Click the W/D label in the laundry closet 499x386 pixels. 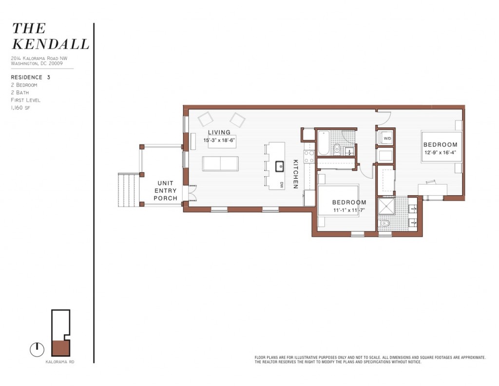[x=387, y=139]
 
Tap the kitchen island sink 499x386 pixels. [x=280, y=166]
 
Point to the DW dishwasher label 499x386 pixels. [x=282, y=184]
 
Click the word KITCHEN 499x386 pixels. [x=295, y=174]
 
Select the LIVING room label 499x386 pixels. [x=219, y=133]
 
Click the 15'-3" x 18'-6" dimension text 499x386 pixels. [x=219, y=140]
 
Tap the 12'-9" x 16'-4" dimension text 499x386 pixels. [x=440, y=152]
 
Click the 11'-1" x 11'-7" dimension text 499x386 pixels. [x=349, y=210]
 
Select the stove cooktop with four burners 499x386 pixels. [x=309, y=156]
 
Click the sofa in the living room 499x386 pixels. [x=220, y=163]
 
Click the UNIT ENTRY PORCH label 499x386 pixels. [x=165, y=191]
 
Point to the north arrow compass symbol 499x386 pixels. [x=36, y=349]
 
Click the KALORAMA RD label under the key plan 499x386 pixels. [x=59, y=362]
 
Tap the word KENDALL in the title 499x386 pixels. [x=50, y=44]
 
